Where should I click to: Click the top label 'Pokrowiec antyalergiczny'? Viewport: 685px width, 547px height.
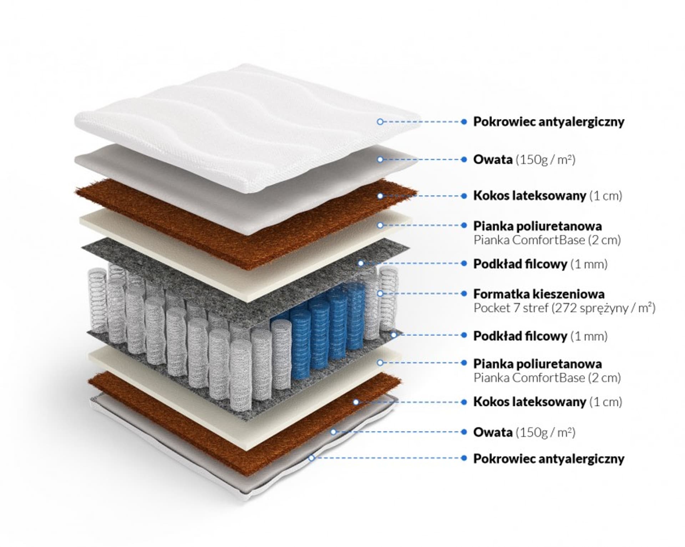pyautogui.click(x=548, y=122)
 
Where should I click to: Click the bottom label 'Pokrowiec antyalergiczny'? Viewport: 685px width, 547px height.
pyautogui.click(x=548, y=459)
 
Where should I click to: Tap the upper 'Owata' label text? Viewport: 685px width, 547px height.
pyautogui.click(x=493, y=160)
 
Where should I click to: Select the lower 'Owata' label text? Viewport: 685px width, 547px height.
pyautogui.click(x=493, y=432)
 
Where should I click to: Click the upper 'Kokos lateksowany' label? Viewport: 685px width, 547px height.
pyautogui.click(x=529, y=196)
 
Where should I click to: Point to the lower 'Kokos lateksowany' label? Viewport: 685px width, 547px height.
pyautogui.click(x=529, y=402)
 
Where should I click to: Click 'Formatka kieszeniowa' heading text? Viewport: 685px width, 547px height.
pyautogui.click(x=539, y=294)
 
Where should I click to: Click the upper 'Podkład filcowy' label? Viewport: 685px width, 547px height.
pyautogui.click(x=520, y=264)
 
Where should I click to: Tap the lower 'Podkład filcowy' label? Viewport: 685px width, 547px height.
pyautogui.click(x=520, y=336)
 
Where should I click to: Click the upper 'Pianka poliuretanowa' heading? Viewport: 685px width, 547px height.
pyautogui.click(x=537, y=226)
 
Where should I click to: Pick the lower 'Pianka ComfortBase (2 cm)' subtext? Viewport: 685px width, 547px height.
pyautogui.click(x=547, y=378)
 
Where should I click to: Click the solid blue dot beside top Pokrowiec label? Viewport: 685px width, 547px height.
pyautogui.click(x=464, y=122)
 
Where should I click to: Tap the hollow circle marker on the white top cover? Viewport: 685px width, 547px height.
pyautogui.click(x=380, y=122)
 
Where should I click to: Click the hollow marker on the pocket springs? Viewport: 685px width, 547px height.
pyautogui.click(x=380, y=293)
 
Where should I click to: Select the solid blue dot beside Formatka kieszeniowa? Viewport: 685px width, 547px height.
pyautogui.click(x=464, y=293)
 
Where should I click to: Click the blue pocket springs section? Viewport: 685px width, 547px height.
pyautogui.click(x=321, y=332)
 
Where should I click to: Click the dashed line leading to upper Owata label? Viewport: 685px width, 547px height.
pyautogui.click(x=421, y=160)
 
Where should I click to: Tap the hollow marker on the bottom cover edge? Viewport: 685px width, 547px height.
pyautogui.click(x=311, y=457)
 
